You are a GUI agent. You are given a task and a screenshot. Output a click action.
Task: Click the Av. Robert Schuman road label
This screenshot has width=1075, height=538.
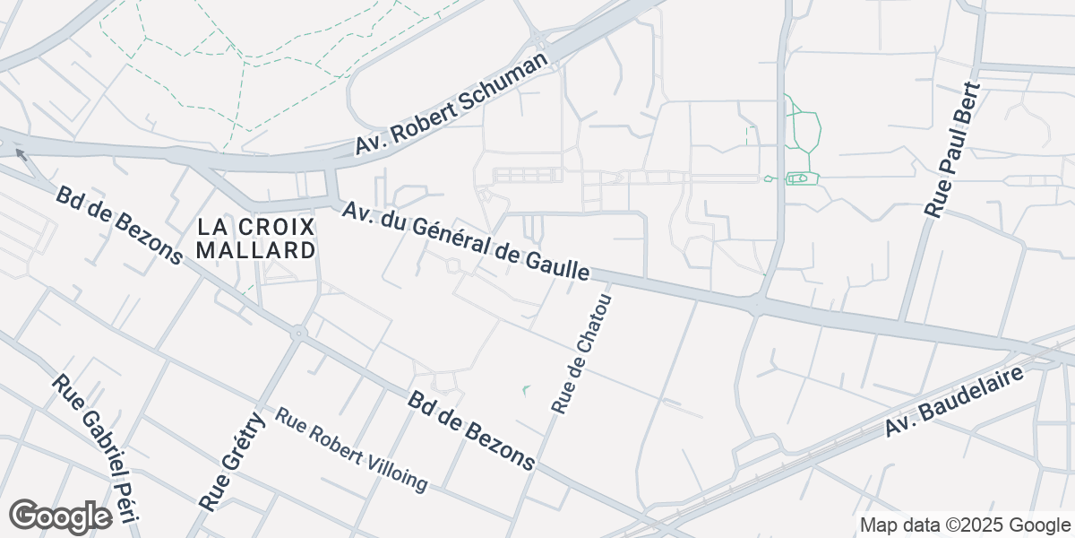coord(451,104)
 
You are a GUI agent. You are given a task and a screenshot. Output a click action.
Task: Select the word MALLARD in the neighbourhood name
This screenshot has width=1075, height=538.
coord(256,250)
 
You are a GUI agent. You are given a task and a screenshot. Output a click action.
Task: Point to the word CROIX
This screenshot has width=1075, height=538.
coord(279,226)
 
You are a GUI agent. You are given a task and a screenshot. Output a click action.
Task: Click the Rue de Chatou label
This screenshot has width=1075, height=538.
coord(581,353)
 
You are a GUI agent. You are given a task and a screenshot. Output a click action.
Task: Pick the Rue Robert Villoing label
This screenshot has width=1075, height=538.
coord(351,449)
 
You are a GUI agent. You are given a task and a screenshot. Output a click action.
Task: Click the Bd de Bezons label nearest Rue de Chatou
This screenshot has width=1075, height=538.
coord(472,430)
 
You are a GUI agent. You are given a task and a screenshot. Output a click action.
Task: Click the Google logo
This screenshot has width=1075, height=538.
coord(60,516)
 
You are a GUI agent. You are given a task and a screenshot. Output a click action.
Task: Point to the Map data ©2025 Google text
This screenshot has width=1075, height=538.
coord(964,525)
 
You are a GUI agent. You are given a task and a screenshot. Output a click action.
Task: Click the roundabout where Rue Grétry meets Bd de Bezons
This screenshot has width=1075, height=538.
coord(298,334)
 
